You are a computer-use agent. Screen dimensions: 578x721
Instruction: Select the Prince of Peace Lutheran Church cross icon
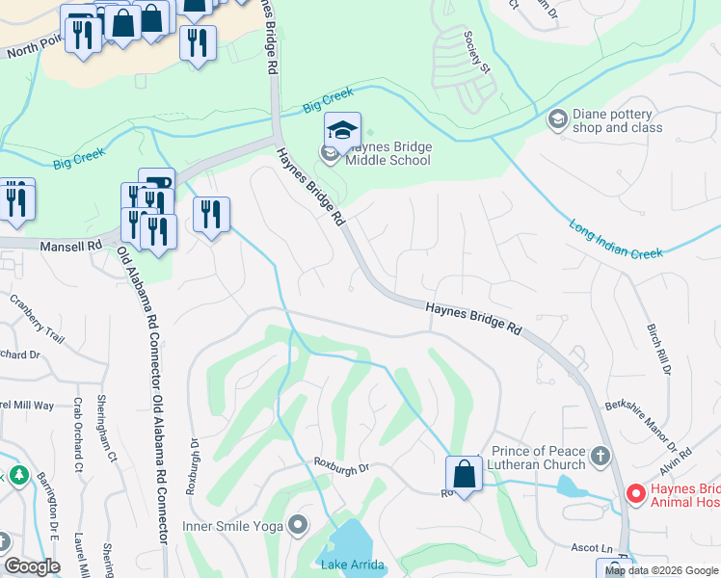click(600, 454)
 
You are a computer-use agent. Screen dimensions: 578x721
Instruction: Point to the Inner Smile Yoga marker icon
click(298, 526)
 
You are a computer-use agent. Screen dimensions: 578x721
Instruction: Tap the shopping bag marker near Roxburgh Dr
click(464, 475)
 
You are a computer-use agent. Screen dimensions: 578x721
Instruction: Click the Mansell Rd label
click(71, 247)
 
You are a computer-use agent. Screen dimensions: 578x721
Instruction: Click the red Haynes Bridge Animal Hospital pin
click(634, 494)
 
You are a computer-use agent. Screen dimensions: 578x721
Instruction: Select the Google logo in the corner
click(34, 566)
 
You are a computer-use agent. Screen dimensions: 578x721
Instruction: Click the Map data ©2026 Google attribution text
click(661, 570)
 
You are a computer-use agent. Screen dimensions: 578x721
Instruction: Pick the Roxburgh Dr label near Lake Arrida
click(341, 467)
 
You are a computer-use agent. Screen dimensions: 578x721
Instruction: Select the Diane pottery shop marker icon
click(557, 119)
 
